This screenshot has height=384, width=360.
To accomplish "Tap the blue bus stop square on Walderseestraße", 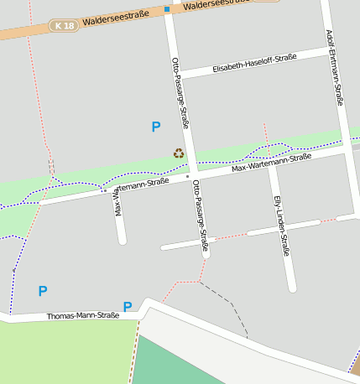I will [167, 10].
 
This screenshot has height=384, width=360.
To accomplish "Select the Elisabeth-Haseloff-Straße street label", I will [254, 63].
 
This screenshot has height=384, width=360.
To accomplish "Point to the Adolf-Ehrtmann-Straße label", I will [334, 67].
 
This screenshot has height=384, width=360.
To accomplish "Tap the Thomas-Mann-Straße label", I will [82, 316].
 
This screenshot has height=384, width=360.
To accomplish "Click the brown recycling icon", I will [179, 153].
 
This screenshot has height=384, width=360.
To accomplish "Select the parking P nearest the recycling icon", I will [155, 127].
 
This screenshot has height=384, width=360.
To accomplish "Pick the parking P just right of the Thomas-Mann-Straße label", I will [128, 307].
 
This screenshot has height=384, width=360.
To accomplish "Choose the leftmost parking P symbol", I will [43, 291].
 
